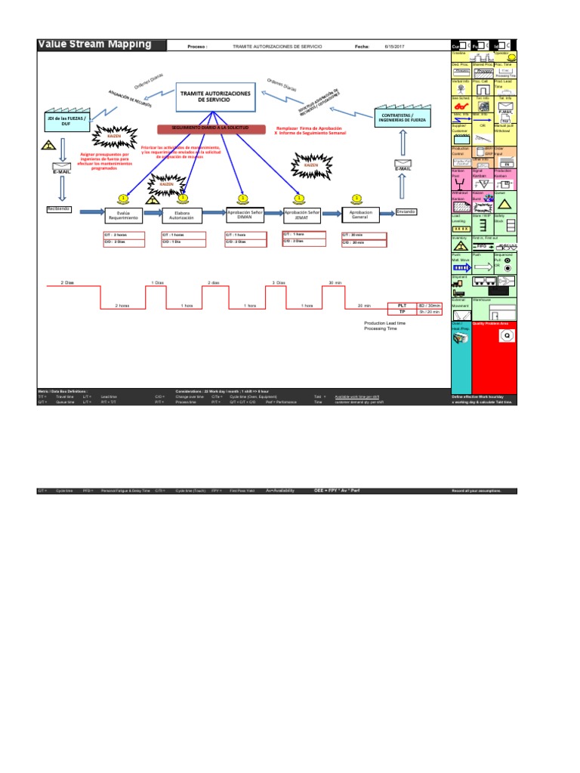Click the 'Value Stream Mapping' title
94,45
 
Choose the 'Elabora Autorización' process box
182,215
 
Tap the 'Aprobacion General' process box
362,215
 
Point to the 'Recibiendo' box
59,208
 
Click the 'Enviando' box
406,211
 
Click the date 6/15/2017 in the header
395,47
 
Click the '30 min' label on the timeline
336,282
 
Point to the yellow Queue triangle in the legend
504,205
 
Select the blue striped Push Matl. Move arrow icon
460,267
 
